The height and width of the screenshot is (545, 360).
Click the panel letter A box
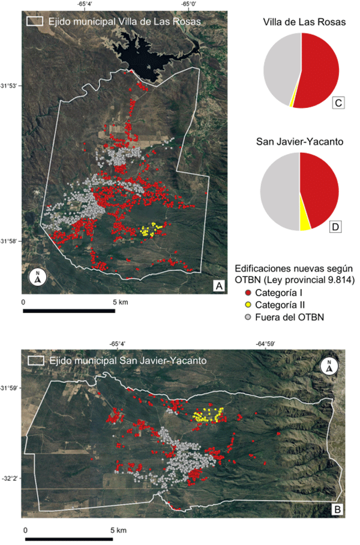220,287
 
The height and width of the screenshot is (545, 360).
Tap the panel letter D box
337,227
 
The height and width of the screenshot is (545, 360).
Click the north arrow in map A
38,278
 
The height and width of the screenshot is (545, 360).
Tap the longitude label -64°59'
265,344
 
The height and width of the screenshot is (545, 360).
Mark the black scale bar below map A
69,311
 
